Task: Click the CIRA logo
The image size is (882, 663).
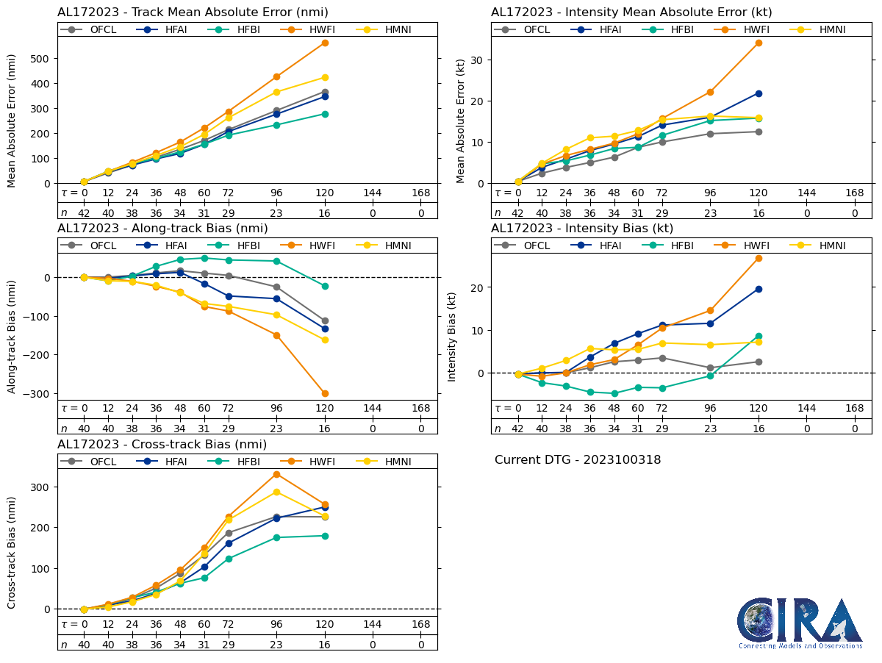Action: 800,623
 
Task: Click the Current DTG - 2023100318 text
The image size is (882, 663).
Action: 578,460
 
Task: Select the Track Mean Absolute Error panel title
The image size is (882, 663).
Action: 193,12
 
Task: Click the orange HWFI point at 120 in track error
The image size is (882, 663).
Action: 325,43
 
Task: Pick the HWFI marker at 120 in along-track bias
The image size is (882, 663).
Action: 325,393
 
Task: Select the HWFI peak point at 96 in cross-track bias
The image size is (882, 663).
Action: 276,474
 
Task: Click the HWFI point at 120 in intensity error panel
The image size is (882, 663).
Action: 759,43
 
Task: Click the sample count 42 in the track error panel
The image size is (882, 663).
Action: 84,213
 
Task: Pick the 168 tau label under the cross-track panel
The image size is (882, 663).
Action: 421,625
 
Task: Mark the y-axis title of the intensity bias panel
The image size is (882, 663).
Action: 452,336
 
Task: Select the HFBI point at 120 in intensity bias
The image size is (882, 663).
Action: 759,337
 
